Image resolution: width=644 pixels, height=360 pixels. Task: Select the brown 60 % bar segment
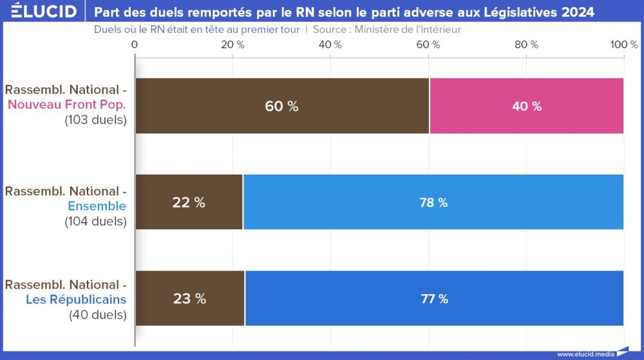click(282, 106)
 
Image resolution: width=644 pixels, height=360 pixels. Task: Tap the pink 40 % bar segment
click(526, 106)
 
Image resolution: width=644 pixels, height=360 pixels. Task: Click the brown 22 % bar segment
click(189, 202)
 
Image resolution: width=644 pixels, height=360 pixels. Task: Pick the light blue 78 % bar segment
click(433, 202)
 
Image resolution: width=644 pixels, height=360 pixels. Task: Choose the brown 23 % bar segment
click(190, 298)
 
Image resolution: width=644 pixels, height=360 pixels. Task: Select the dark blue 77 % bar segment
click(434, 298)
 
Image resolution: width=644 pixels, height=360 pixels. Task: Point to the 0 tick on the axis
click(135, 44)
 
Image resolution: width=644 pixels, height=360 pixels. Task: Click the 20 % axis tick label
click(232, 44)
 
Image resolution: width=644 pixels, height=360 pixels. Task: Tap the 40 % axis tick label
click(330, 44)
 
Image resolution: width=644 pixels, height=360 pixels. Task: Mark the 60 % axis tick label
click(428, 44)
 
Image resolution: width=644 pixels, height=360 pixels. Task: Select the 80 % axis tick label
click(526, 44)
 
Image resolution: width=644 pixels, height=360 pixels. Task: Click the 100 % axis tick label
click(623, 44)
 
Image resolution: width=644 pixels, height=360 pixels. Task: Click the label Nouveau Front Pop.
click(67, 104)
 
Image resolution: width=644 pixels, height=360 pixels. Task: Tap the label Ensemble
click(97, 206)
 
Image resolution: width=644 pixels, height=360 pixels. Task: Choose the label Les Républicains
click(76, 299)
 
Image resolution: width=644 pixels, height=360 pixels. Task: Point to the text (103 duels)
click(95, 120)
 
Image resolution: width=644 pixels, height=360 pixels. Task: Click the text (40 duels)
click(98, 315)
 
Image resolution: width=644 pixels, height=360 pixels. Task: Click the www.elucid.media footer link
click(585, 354)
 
